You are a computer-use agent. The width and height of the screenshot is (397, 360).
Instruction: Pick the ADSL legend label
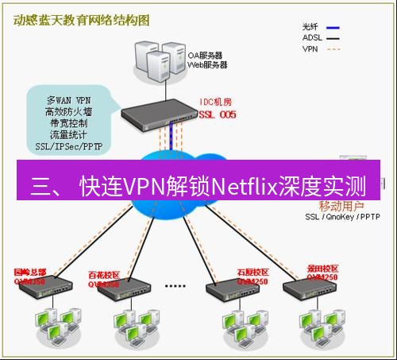pyautogui.click(x=313, y=37)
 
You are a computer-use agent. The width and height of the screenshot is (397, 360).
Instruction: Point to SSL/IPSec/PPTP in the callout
pyautogui.click(x=70, y=146)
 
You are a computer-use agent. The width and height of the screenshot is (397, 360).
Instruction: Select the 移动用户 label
pyautogui.click(x=329, y=206)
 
